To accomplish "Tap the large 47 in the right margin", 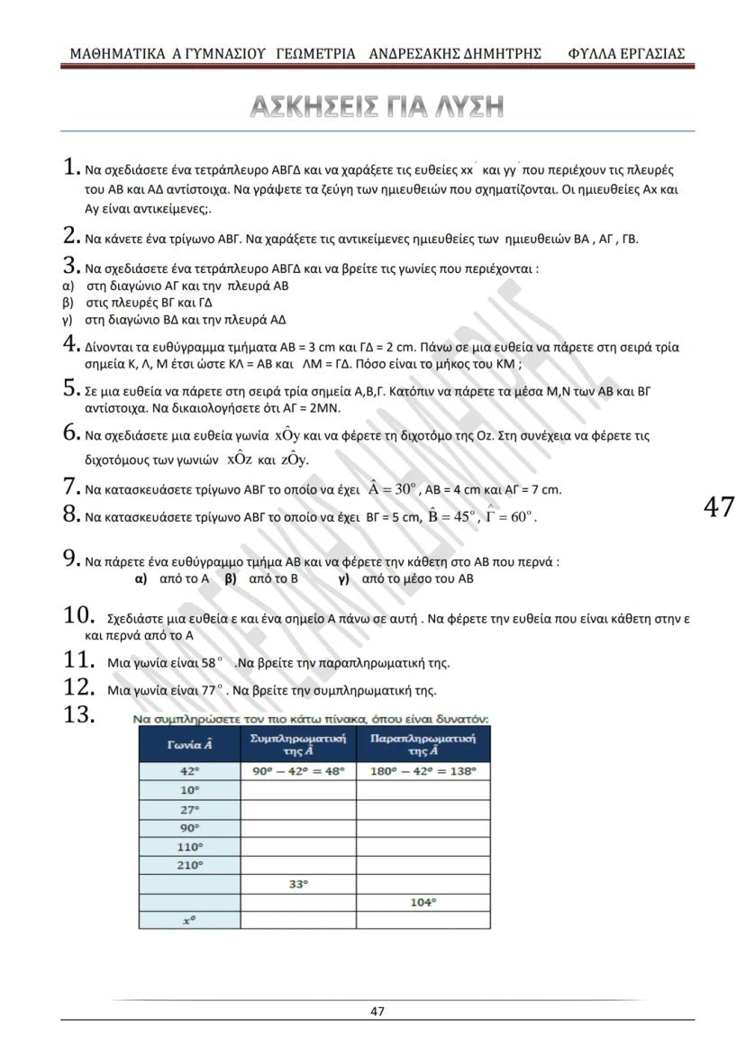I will (x=718, y=507).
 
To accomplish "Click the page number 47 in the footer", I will (x=378, y=1011).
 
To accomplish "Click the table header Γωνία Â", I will (x=189, y=745).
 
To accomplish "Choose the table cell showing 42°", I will (x=189, y=771).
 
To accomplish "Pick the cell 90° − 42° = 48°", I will (x=298, y=771).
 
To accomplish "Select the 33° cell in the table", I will (x=298, y=884).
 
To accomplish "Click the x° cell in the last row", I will (x=189, y=921).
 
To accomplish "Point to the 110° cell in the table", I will (x=189, y=846).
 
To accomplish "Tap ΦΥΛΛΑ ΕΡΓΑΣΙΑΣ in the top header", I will (x=626, y=53).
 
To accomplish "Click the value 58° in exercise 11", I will (x=210, y=663).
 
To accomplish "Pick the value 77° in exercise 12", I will (x=210, y=691).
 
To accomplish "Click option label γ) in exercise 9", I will (x=343, y=578).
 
